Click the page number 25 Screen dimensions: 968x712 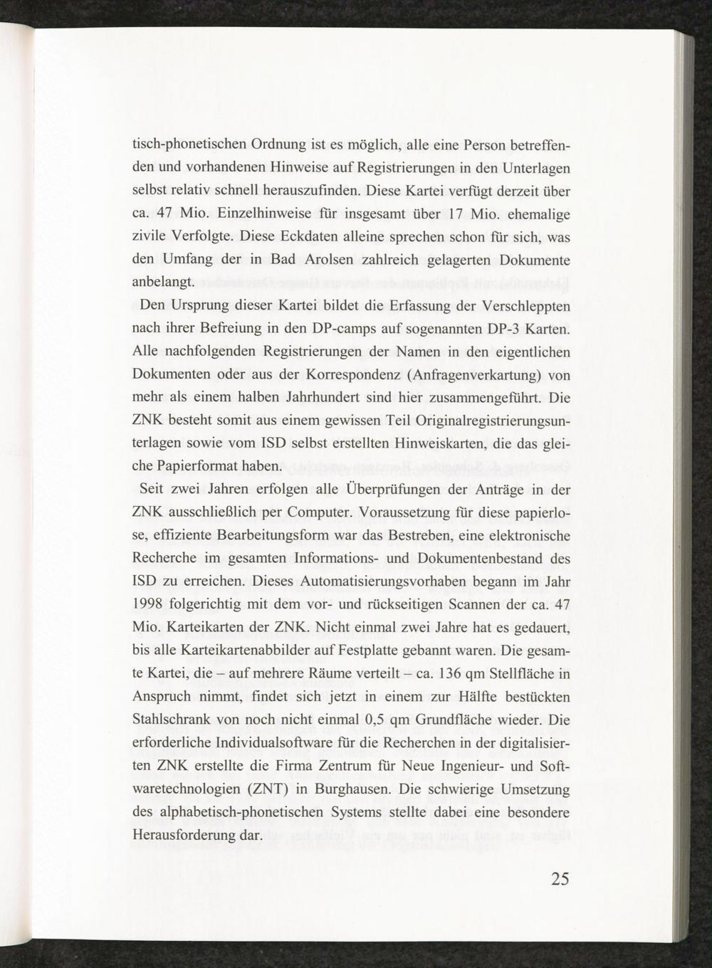(x=560, y=879)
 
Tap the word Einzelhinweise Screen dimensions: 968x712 (x=248, y=214)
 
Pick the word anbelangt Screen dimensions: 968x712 (x=163, y=282)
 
